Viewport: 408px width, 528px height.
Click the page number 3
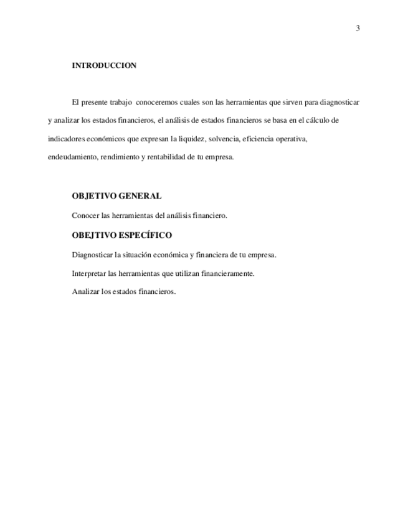[x=358, y=28]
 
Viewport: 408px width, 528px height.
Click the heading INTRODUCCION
[x=104, y=65]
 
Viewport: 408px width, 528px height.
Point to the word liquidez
[x=191, y=138]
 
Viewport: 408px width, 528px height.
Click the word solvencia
[x=223, y=138]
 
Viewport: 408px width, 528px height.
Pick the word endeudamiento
[x=72, y=157]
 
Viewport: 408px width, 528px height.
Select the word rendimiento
[x=120, y=157]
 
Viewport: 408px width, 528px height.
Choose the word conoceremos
[x=156, y=101]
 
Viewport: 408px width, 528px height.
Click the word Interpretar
[x=88, y=273]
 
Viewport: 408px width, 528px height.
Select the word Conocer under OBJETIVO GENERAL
[x=85, y=215]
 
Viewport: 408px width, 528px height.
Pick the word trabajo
[x=119, y=101]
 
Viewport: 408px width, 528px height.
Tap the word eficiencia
[x=259, y=138]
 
